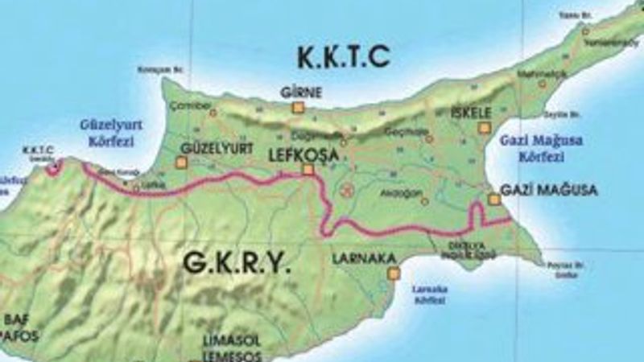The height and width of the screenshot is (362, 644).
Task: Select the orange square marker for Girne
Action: tap(298, 107)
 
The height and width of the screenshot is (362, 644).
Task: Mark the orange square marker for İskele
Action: tap(484, 127)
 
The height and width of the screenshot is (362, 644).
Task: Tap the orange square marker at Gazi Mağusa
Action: tap(494, 199)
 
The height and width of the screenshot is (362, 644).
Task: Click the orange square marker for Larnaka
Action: tap(393, 274)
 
